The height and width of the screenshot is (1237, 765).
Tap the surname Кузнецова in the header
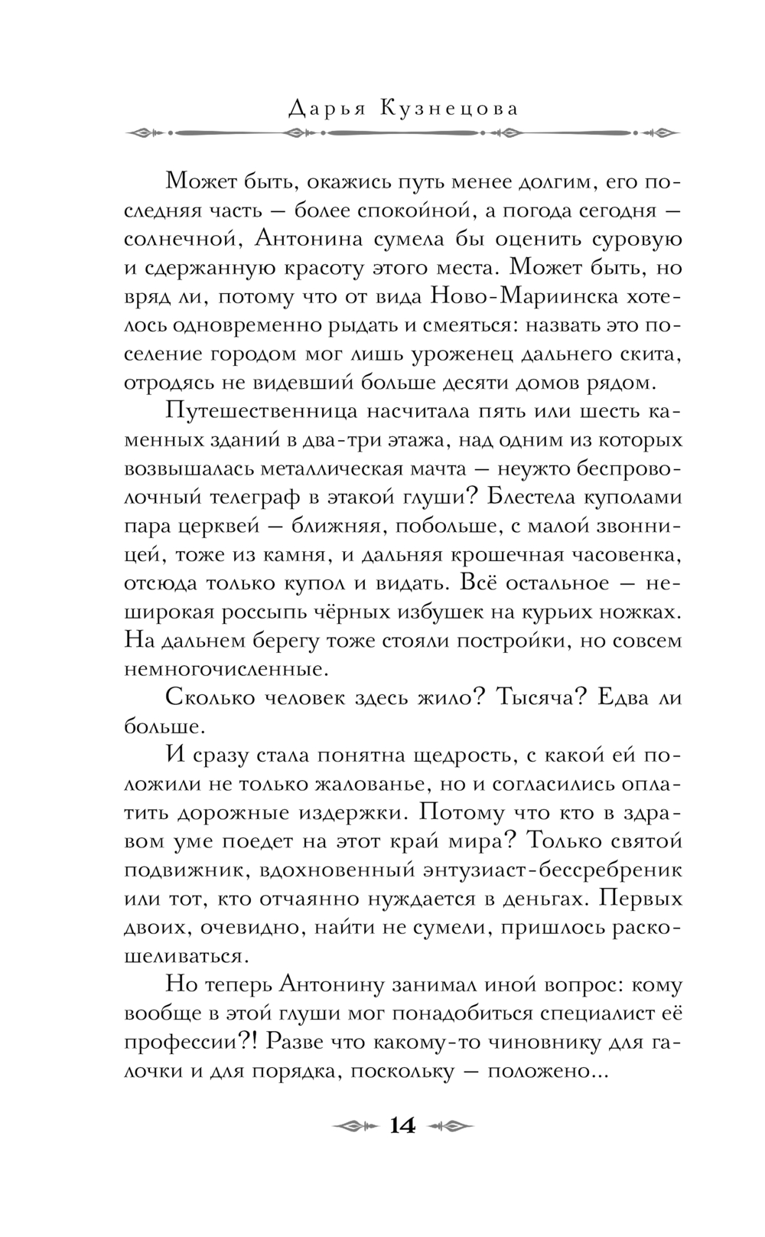[448, 109]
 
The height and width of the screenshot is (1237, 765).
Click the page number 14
[402, 1125]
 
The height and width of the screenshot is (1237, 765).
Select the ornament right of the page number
[451, 1125]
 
